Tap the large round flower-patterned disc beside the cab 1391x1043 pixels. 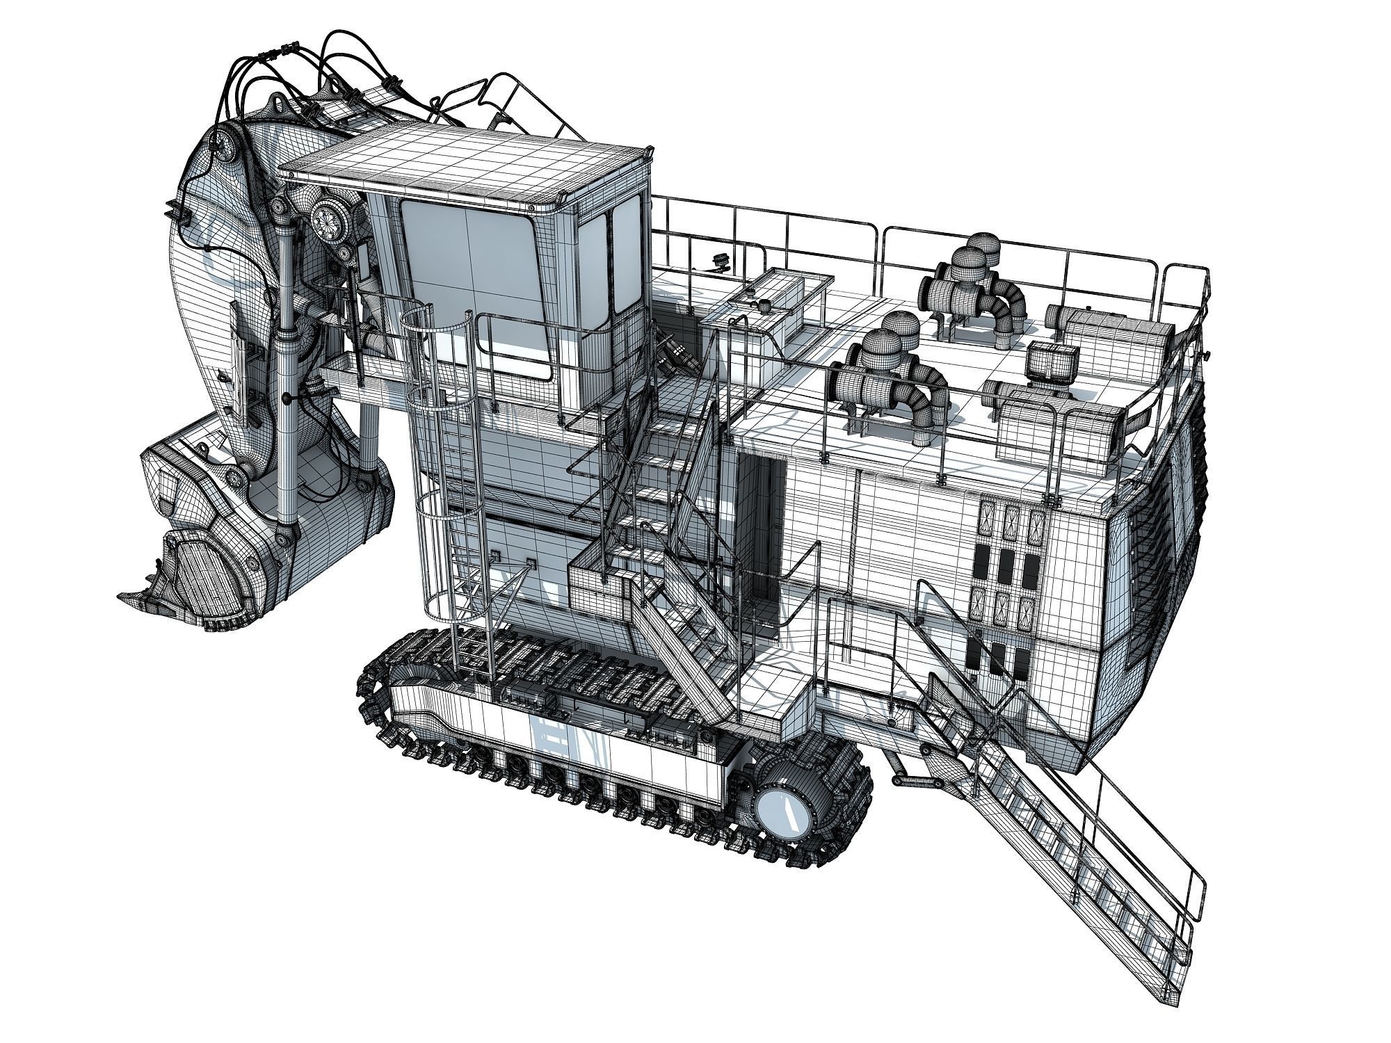coord(327,217)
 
